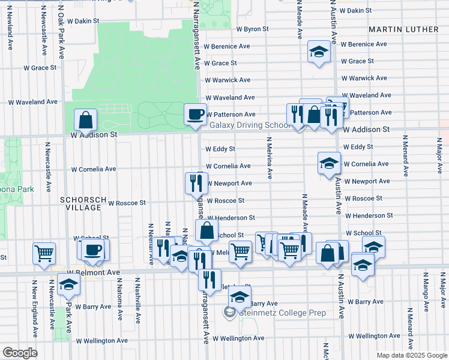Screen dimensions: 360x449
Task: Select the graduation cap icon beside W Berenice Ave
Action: [x=319, y=52]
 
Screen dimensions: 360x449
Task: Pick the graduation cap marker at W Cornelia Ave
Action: [x=328, y=163]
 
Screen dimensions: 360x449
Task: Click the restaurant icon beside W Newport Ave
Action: [x=196, y=183]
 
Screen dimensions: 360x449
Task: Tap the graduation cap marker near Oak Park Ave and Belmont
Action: [x=68, y=284]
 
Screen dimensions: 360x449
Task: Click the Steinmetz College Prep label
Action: [x=283, y=313]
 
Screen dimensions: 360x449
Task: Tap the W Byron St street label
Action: [x=252, y=29]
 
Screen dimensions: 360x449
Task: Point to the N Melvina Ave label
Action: [x=269, y=158]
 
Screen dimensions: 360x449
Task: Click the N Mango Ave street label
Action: [x=426, y=292]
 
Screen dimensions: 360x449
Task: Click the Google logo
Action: [x=20, y=353]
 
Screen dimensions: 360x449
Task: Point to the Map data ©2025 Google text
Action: [x=411, y=355]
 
